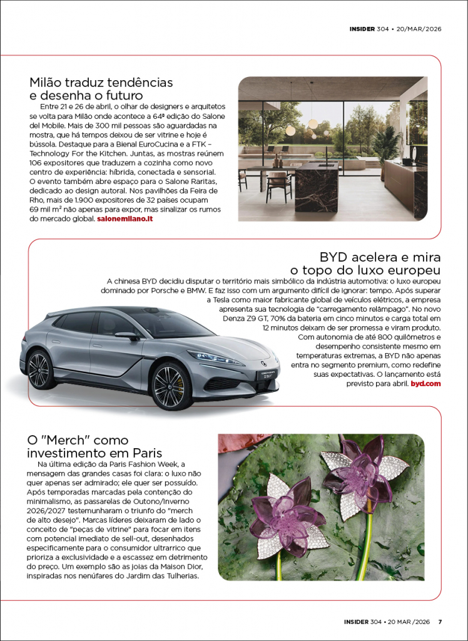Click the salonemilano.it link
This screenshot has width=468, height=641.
[125, 219]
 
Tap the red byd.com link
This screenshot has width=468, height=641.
[425, 382]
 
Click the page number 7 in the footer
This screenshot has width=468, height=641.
[440, 622]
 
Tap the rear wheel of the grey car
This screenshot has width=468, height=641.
[39, 369]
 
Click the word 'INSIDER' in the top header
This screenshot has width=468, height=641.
[362, 28]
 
